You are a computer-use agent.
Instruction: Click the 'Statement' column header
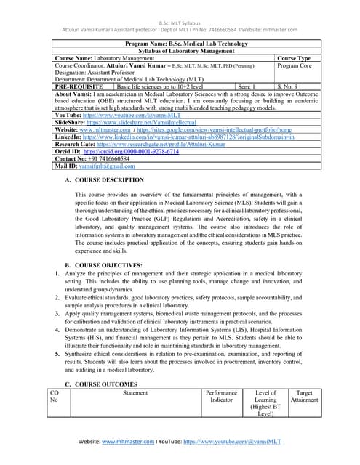[135, 392]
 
